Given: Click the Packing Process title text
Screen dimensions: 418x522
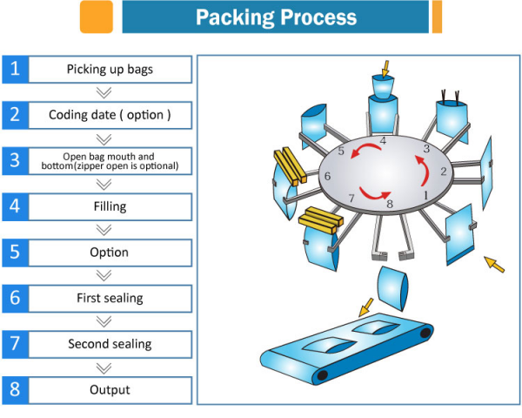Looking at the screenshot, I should coord(275,17).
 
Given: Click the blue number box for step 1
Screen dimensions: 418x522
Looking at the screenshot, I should coord(14,69).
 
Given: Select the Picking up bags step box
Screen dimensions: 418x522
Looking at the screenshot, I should coord(110,69).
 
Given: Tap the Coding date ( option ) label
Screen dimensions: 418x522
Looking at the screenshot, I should coord(110,114).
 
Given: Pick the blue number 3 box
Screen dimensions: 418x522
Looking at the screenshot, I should coord(14,160).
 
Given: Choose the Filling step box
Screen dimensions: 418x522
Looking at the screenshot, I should coord(110,206).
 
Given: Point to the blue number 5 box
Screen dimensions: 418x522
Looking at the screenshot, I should coord(14,253).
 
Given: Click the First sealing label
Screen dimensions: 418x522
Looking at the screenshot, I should coord(110,298).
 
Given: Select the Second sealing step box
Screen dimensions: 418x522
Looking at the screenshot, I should coord(110,344).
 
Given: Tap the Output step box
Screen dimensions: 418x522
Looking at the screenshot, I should coord(110,389).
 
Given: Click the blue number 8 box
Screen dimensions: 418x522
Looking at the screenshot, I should coord(14,389).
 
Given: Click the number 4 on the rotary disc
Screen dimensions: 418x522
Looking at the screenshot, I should coord(383,140).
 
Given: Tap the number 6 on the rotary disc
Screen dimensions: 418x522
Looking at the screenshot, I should coord(327,176).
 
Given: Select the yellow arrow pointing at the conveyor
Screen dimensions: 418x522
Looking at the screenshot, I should coord(366,305).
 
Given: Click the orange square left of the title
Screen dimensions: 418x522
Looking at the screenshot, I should coord(97,17).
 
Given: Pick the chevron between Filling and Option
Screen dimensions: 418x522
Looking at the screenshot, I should coord(104,230).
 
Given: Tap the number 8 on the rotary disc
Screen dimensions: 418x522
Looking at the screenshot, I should coord(389,205).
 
